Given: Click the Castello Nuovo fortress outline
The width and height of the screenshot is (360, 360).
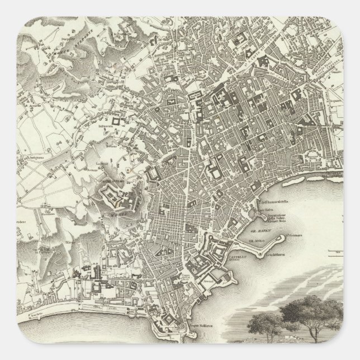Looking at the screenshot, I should [213, 246].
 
